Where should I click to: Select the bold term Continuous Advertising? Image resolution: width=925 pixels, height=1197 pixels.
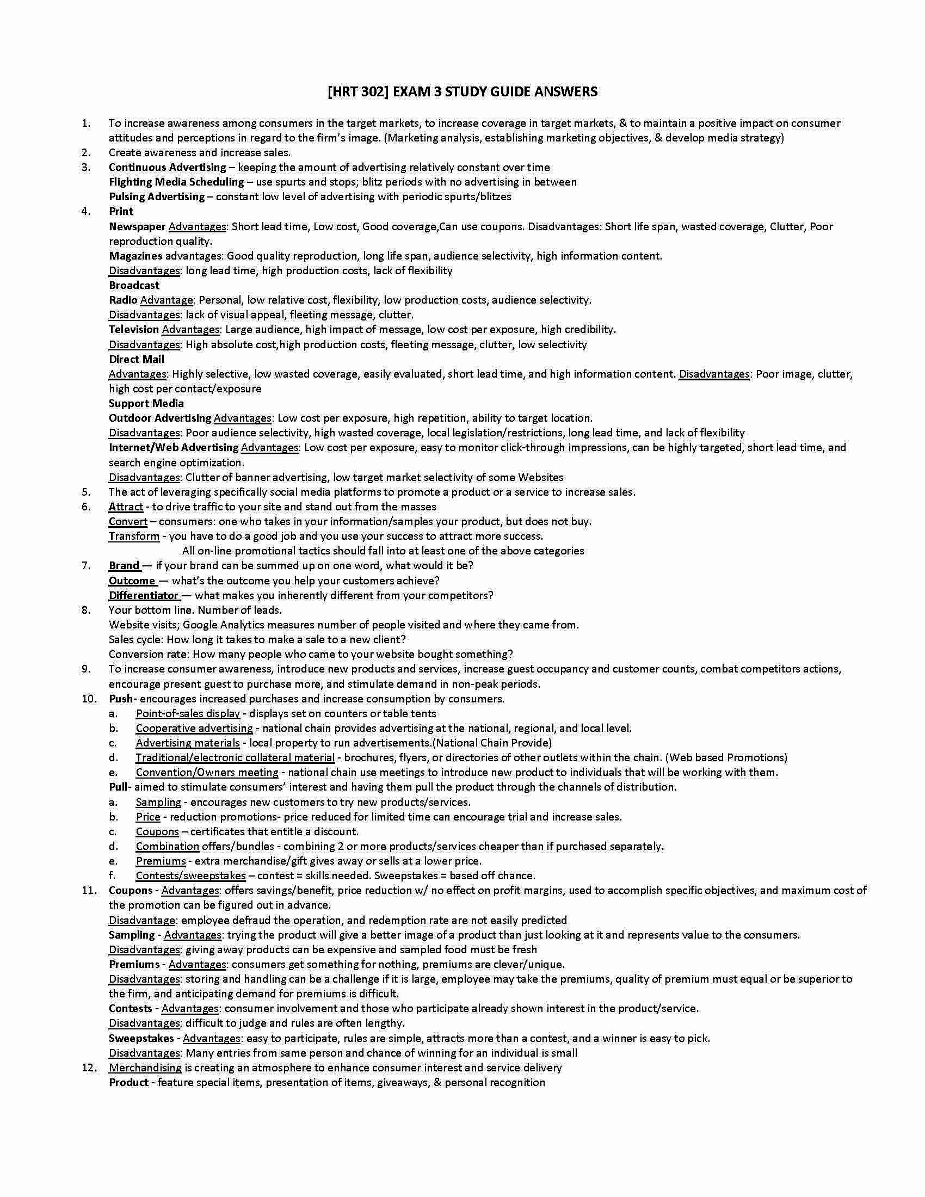pyautogui.click(x=167, y=167)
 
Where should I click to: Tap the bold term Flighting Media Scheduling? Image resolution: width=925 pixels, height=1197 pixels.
pyautogui.click(x=176, y=182)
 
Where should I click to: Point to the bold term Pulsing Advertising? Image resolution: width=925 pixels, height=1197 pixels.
pyautogui.click(x=157, y=197)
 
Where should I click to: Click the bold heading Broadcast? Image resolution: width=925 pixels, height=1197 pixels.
pyautogui.click(x=134, y=286)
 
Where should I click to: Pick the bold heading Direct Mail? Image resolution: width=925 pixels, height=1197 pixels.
pyautogui.click(x=137, y=360)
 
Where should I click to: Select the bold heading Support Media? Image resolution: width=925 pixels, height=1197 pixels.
pyautogui.click(x=146, y=404)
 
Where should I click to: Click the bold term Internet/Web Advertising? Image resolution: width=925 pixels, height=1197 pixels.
pyautogui.click(x=174, y=448)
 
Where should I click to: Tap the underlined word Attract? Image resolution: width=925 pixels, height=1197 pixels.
pyautogui.click(x=126, y=507)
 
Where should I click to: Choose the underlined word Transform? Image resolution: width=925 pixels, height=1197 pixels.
pyautogui.click(x=134, y=536)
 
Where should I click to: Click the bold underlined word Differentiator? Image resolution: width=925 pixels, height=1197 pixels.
pyautogui.click(x=144, y=596)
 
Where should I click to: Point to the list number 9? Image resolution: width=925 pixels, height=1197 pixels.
pyautogui.click(x=85, y=669)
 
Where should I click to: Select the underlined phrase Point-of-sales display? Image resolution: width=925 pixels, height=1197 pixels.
pyautogui.click(x=188, y=714)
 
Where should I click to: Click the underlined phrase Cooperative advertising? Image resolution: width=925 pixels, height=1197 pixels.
pyautogui.click(x=194, y=729)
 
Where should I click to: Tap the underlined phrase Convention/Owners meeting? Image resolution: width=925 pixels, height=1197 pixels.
pyautogui.click(x=207, y=773)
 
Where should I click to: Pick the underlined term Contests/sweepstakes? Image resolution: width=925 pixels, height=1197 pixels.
pyautogui.click(x=190, y=876)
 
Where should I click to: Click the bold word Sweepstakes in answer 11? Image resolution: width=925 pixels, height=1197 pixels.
pyautogui.click(x=141, y=1039)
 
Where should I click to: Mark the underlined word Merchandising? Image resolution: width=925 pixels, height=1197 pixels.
pyautogui.click(x=145, y=1068)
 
